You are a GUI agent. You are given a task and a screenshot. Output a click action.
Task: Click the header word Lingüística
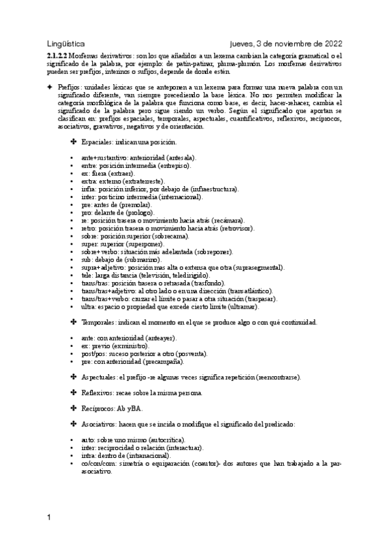pyautogui.click(x=66, y=43)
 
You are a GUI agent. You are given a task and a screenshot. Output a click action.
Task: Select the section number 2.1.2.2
pyautogui.click(x=57, y=56)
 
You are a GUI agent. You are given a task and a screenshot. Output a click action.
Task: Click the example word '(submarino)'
pyautogui.click(x=145, y=259)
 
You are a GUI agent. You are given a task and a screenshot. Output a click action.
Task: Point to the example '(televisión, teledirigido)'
pyautogui.click(x=177, y=275)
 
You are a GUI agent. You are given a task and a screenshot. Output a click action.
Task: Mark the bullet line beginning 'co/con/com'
pyautogui.click(x=201, y=464)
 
